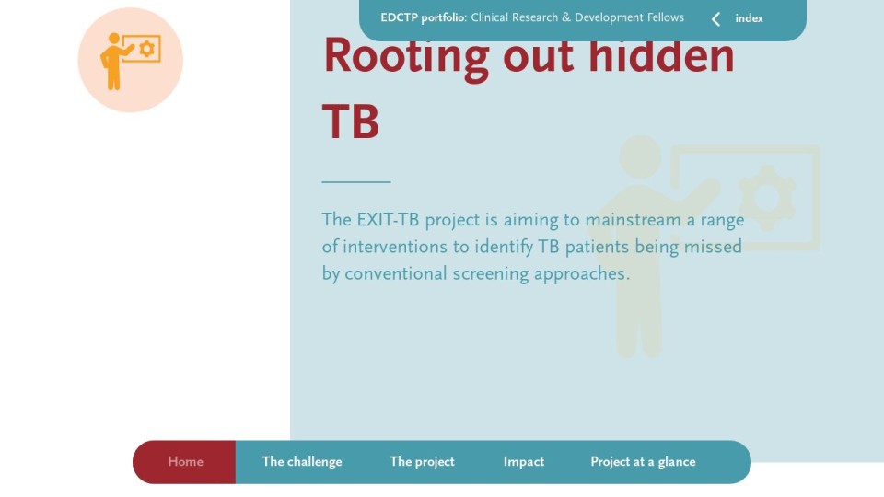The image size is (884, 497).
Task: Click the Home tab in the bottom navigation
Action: (x=185, y=462)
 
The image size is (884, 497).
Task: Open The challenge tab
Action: (x=302, y=462)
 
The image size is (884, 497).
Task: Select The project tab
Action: (x=423, y=462)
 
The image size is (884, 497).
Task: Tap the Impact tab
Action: (x=524, y=462)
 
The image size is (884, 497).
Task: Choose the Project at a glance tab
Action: (x=643, y=462)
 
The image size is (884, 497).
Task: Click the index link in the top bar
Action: (x=750, y=18)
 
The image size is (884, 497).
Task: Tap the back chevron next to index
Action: (x=716, y=19)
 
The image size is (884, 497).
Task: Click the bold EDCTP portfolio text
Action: (x=423, y=18)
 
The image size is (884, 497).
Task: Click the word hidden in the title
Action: (x=661, y=55)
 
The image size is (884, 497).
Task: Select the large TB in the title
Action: (x=351, y=121)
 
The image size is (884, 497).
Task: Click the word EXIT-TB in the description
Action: (x=388, y=219)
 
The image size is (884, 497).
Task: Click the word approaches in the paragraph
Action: (x=582, y=274)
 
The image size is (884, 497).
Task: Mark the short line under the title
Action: (x=356, y=182)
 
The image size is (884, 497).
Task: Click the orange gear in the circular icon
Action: (x=147, y=49)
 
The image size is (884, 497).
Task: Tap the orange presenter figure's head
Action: (x=114, y=39)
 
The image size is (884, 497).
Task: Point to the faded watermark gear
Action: (x=767, y=198)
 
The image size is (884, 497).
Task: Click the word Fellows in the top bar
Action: (x=665, y=17)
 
